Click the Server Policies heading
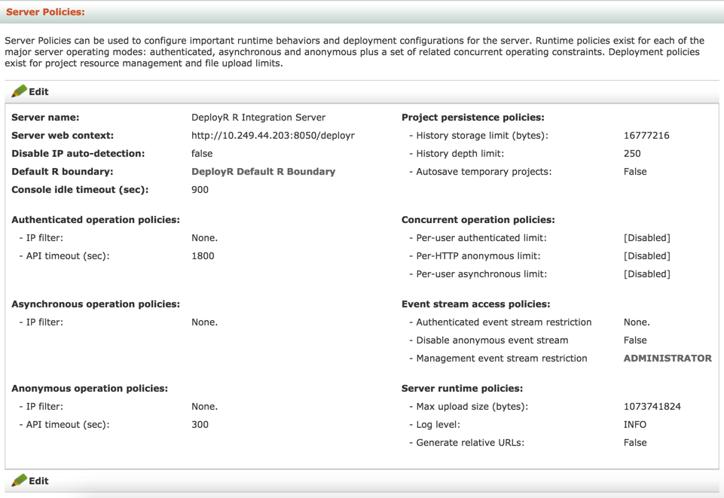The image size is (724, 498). pyautogui.click(x=45, y=12)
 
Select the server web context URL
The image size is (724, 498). pyautogui.click(x=273, y=136)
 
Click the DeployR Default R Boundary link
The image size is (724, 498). pyautogui.click(x=263, y=172)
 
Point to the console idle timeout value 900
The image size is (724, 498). pyautogui.click(x=200, y=190)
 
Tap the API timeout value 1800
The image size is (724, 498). pyautogui.click(x=203, y=256)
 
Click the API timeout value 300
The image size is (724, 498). pyautogui.click(x=200, y=425)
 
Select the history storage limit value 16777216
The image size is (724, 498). pyautogui.click(x=646, y=136)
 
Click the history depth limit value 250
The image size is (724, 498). pyautogui.click(x=632, y=154)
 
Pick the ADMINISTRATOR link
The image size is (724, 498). pyautogui.click(x=667, y=359)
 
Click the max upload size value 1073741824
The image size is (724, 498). pyautogui.click(x=652, y=407)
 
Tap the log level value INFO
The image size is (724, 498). pyautogui.click(x=634, y=425)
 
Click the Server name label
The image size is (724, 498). pyautogui.click(x=45, y=118)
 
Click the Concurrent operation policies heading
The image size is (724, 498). pyautogui.click(x=478, y=220)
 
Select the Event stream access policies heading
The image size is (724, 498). pyautogui.click(x=475, y=304)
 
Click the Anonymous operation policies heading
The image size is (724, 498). pyautogui.click(x=90, y=389)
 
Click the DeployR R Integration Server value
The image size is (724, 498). pyautogui.click(x=258, y=118)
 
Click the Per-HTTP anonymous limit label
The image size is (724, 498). pyautogui.click(x=478, y=256)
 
